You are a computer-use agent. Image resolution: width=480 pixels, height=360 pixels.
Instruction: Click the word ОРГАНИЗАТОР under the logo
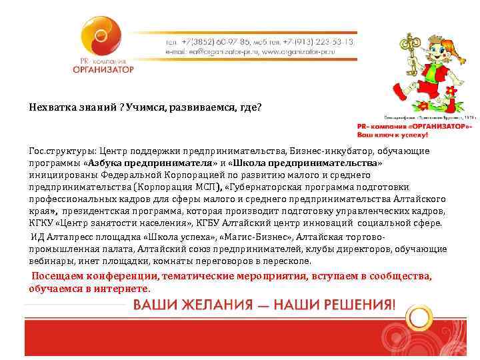click(103, 69)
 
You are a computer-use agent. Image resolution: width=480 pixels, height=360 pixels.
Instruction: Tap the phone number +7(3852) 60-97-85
click(212, 41)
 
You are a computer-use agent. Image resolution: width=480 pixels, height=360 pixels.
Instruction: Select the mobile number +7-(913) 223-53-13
click(317, 41)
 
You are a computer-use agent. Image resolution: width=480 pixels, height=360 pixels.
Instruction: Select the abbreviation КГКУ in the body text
click(43, 223)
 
